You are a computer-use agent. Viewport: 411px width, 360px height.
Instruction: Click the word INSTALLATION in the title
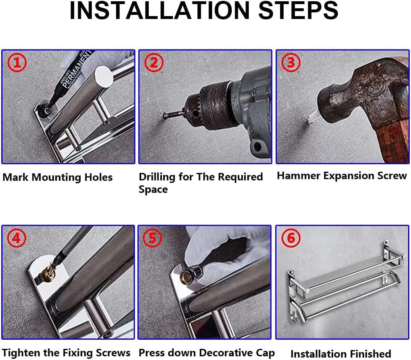159,10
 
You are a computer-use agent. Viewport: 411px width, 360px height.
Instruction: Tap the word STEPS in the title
298,10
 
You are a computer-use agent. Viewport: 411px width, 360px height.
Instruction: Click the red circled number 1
17,63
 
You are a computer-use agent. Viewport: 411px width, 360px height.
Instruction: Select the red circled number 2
154,62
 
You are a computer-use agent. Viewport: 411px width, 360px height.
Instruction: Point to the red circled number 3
291,62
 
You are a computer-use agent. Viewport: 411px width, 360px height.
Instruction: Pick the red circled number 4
17,238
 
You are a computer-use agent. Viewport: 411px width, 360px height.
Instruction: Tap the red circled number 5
152,238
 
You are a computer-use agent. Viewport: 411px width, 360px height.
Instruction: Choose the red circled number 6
291,238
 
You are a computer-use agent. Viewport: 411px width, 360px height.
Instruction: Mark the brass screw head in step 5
187,276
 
